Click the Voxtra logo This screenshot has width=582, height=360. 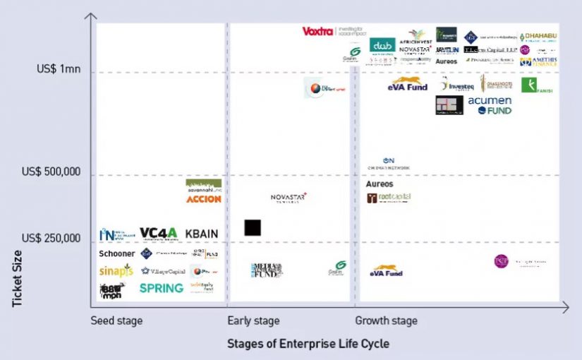point(317,32)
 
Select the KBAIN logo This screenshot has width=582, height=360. point(201,234)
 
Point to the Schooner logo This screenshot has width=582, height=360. point(116,253)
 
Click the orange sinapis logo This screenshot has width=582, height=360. point(116,270)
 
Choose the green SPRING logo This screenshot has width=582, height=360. point(162,288)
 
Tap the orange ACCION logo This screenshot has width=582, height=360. point(204,199)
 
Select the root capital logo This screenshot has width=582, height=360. point(389,198)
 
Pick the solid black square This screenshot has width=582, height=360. point(253,227)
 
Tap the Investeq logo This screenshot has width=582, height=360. point(457,86)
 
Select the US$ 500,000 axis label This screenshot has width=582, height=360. point(51,172)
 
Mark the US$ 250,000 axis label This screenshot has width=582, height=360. point(51,238)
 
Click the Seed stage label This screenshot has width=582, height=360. point(116,321)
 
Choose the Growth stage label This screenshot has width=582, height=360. point(386,321)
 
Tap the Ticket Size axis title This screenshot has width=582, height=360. point(18,278)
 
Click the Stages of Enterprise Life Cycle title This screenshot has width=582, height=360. point(308,344)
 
